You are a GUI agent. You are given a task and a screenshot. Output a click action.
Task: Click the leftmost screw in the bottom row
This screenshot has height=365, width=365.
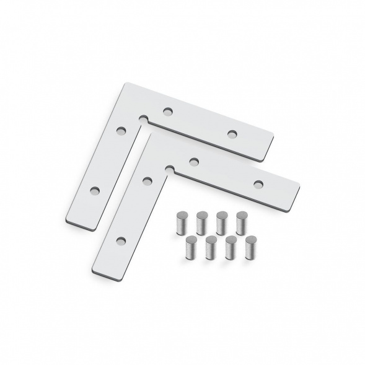[x=190, y=246]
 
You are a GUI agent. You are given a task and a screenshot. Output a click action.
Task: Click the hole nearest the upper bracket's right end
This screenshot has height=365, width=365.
[x=233, y=134]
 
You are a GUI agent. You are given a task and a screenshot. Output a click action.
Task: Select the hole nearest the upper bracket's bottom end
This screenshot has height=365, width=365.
[x=95, y=190]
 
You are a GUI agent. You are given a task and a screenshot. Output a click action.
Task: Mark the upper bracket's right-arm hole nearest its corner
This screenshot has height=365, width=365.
[x=167, y=112]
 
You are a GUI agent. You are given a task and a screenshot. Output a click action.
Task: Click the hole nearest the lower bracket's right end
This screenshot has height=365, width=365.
[x=258, y=183]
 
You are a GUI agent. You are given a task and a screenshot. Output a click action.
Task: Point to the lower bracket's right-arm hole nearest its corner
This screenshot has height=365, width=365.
[x=193, y=162]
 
